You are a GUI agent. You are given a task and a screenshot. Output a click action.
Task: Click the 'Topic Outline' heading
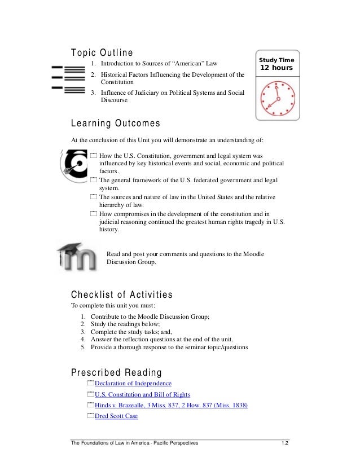pos(102,53)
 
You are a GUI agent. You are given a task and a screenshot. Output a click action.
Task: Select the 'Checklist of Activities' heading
pos(121,294)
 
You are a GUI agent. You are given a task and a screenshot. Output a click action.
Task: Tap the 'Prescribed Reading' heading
pos(116,373)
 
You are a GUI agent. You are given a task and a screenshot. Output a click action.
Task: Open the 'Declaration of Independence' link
pos(133,384)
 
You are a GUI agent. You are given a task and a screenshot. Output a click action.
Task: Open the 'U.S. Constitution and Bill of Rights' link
pos(142,394)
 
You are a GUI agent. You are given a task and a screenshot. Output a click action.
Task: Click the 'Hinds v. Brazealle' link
pos(172,406)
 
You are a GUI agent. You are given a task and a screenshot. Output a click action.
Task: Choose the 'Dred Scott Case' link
pos(116,416)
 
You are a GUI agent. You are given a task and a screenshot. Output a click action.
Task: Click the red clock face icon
pos(277,97)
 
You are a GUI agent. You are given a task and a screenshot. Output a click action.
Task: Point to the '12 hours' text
pos(276,69)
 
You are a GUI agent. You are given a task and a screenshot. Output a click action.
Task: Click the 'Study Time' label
pos(276,60)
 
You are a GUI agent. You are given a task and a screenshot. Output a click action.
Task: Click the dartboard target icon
pos(73,164)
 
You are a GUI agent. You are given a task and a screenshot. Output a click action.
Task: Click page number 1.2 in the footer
pos(285,443)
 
